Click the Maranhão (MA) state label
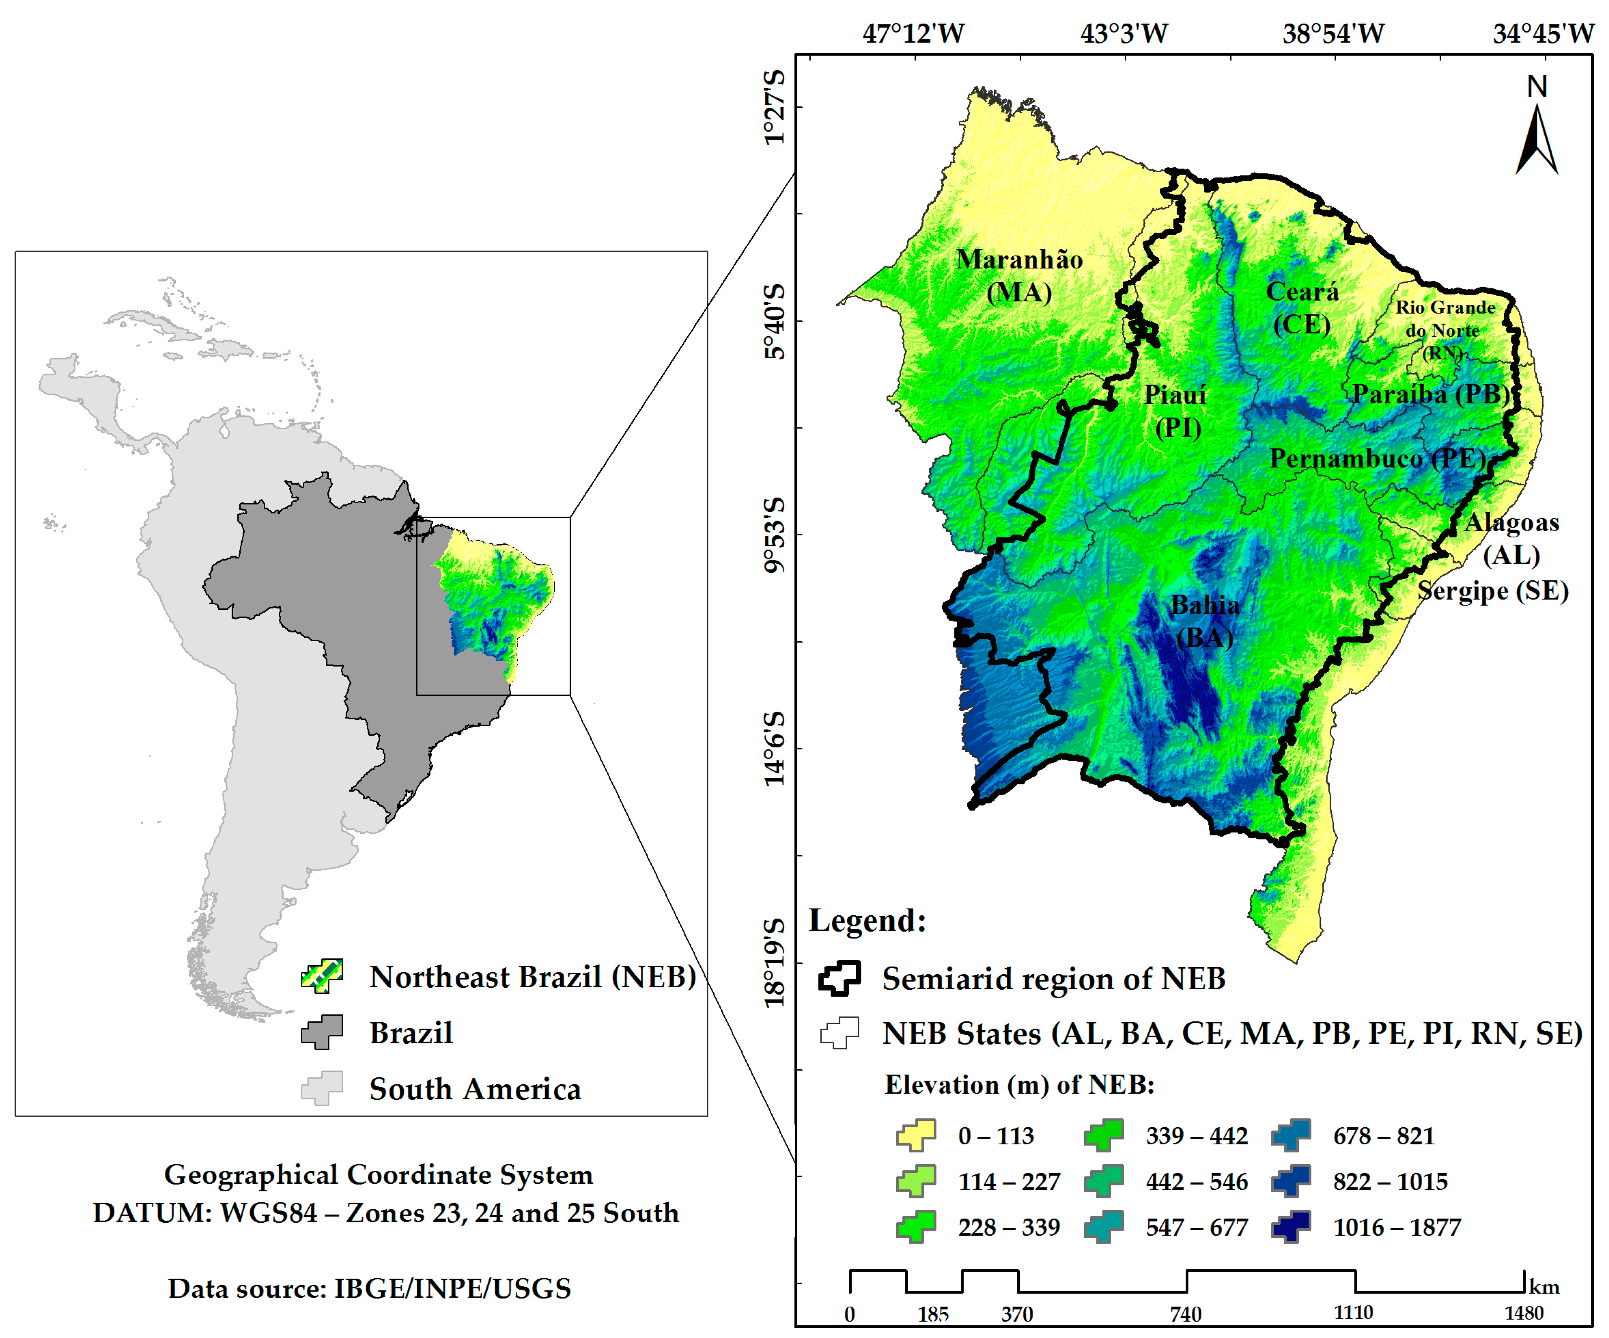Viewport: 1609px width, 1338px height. click(1019, 276)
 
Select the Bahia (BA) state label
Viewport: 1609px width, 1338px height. click(1204, 621)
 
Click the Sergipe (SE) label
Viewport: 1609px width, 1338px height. click(1493, 591)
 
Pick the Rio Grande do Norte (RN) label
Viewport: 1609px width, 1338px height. click(1444, 329)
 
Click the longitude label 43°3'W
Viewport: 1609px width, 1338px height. click(1124, 34)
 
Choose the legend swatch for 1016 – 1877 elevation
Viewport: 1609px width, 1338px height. click(1291, 1227)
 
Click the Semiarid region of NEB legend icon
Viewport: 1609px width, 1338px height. click(840, 979)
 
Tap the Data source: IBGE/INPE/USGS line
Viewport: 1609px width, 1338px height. click(369, 1289)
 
